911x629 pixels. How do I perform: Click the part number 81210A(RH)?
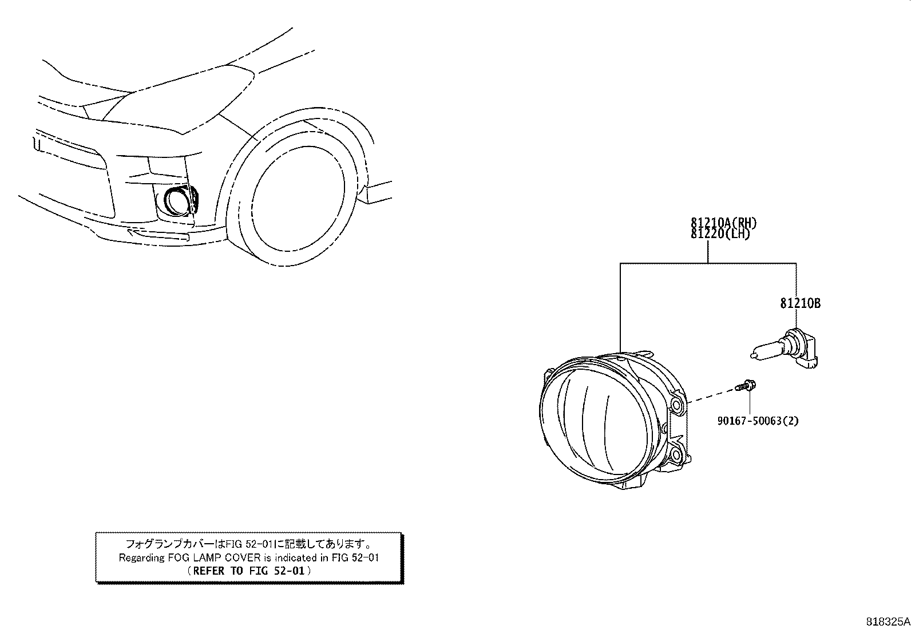(x=723, y=223)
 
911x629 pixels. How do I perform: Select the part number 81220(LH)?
(x=720, y=234)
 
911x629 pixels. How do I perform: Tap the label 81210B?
(x=800, y=303)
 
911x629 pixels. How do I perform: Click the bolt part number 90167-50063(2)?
(x=758, y=421)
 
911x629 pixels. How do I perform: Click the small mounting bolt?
(x=746, y=385)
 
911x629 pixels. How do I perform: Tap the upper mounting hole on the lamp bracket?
(x=677, y=405)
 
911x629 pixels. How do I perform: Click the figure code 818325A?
(x=888, y=622)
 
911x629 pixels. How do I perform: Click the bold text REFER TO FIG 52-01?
(x=249, y=571)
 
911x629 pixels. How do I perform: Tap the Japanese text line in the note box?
(x=249, y=544)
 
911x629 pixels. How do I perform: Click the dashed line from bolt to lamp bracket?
(x=712, y=396)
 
